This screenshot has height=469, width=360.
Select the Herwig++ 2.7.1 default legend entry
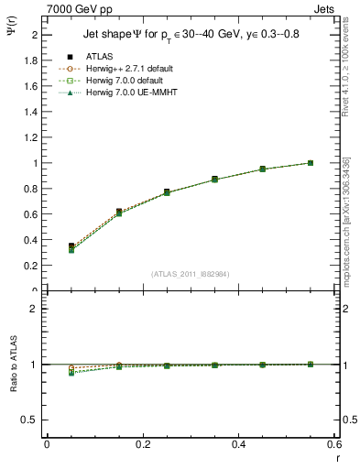coord(125,70)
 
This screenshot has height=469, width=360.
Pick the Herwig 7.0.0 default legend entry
coord(125,82)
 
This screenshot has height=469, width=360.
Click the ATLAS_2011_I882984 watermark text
coord(189,274)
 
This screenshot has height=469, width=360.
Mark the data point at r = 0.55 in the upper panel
coord(311,163)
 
